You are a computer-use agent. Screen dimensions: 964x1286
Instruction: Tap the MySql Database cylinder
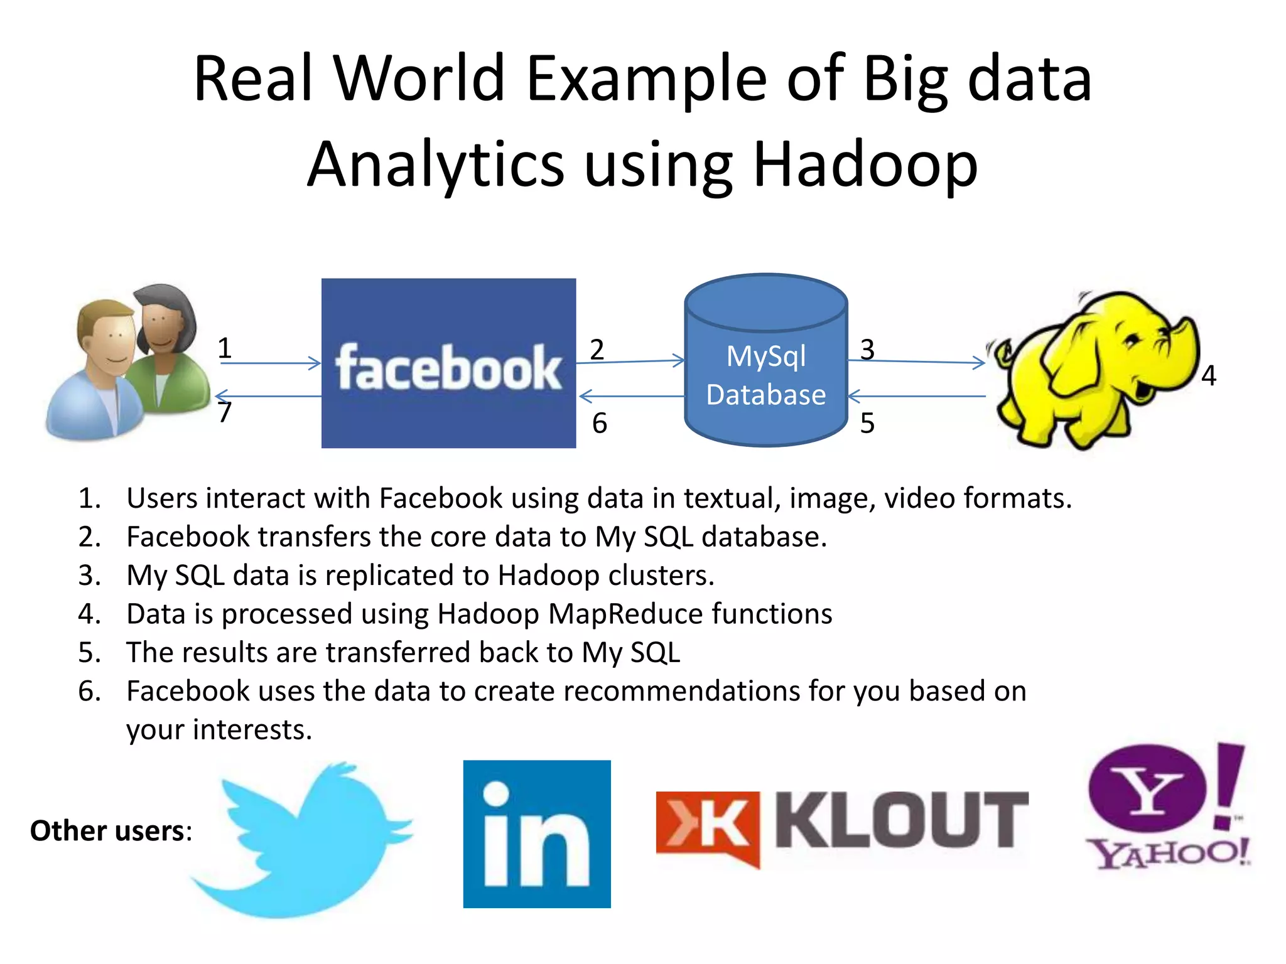(x=765, y=361)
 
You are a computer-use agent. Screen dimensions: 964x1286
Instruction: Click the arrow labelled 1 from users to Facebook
(x=270, y=363)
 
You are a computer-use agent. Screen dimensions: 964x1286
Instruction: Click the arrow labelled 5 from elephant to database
(x=917, y=396)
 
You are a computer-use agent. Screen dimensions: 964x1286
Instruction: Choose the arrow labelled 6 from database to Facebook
(x=630, y=396)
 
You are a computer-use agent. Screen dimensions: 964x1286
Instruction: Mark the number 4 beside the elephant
(x=1209, y=376)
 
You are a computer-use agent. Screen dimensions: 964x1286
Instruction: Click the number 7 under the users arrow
(x=225, y=413)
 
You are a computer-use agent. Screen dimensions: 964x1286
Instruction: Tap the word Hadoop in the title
(x=865, y=164)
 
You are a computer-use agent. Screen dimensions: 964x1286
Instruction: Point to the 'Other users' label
(x=111, y=831)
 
